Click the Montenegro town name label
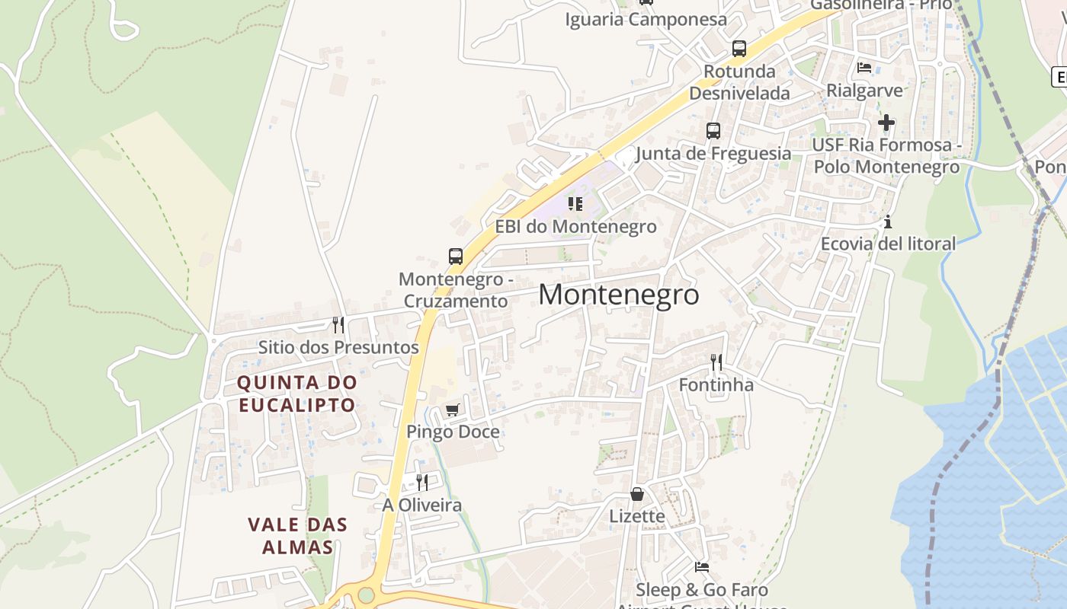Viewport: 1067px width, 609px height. [x=619, y=295]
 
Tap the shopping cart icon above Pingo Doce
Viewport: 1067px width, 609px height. [x=453, y=410]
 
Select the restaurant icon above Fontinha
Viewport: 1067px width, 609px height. [x=716, y=362]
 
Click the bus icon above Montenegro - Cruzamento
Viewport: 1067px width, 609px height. [x=456, y=257]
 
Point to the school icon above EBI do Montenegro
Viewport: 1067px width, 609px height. [x=575, y=204]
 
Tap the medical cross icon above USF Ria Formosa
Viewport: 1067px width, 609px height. [x=886, y=122]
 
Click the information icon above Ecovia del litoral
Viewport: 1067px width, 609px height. [x=887, y=222]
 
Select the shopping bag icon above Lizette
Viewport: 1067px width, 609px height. [x=637, y=494]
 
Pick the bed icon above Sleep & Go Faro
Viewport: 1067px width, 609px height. [x=702, y=567]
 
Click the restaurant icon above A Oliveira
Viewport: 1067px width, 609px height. [x=421, y=482]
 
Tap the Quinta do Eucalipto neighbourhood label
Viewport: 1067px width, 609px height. [x=296, y=394]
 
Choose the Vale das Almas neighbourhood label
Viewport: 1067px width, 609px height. [x=297, y=536]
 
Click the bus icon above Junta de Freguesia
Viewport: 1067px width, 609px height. [x=713, y=131]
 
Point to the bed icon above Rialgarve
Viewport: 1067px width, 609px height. [x=864, y=68]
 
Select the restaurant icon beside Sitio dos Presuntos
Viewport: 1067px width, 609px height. [x=338, y=325]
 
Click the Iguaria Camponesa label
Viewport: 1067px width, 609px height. [x=646, y=20]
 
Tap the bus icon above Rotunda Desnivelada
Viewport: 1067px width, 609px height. [x=739, y=49]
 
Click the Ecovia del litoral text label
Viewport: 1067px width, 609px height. [x=888, y=244]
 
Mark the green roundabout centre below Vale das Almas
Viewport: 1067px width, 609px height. [x=367, y=595]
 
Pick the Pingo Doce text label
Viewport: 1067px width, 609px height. [x=453, y=432]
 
